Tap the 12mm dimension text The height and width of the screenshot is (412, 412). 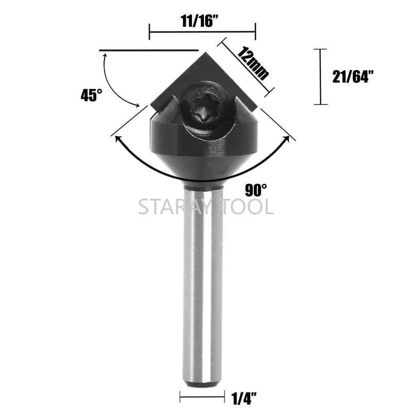253,61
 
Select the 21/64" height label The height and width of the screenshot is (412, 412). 353,77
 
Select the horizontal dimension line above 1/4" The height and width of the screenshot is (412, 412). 202,397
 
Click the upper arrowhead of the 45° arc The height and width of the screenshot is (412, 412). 106,56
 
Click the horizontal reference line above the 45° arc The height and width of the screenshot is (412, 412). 149,50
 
